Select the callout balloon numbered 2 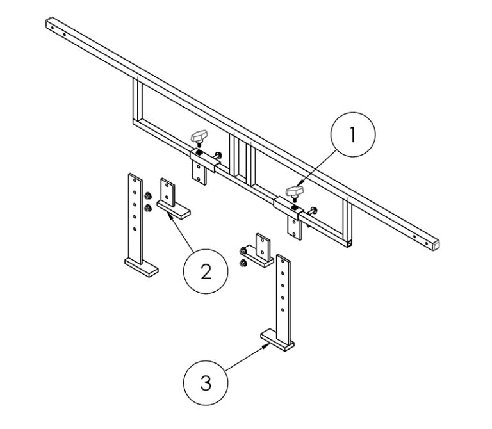point(206,271)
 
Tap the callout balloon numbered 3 point(206,384)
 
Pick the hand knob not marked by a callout point(199,136)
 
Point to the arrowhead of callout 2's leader point(169,216)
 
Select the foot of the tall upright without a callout point(140,266)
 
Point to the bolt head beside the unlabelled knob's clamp point(220,155)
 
